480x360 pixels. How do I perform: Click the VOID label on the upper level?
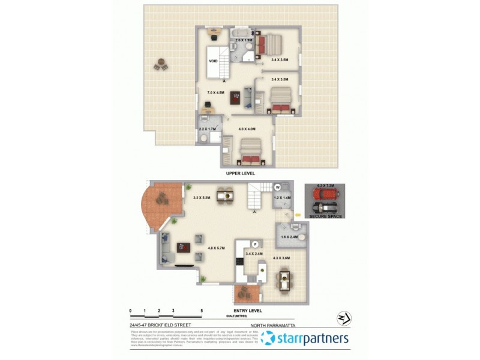tap(213, 61)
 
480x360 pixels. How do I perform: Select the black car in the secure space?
tap(324, 208)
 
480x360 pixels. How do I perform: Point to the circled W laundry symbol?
tap(278, 187)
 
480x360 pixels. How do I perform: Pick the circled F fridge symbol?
tap(254, 244)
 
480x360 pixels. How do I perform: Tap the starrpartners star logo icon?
tap(268, 339)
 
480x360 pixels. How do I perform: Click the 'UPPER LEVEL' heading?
tap(241, 173)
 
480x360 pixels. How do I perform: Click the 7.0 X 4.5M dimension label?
tap(215, 93)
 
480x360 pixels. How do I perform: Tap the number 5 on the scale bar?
tap(202, 311)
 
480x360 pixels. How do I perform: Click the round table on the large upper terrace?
tap(161, 64)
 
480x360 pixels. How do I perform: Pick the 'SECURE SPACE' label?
tap(326, 216)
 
